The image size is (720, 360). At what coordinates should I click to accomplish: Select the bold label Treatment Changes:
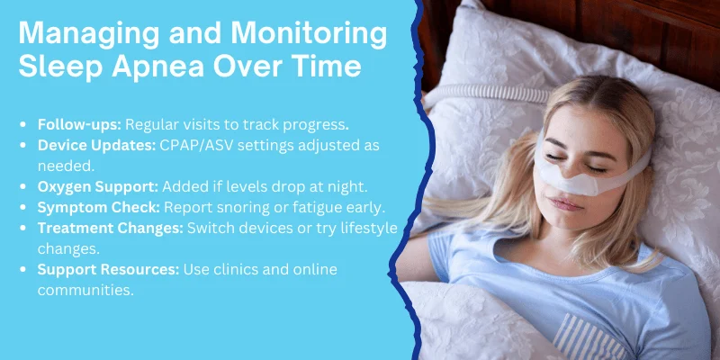click(111, 226)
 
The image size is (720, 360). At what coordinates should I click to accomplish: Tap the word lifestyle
click(366, 226)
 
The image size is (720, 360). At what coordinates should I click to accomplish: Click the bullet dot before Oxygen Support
click(29, 185)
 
